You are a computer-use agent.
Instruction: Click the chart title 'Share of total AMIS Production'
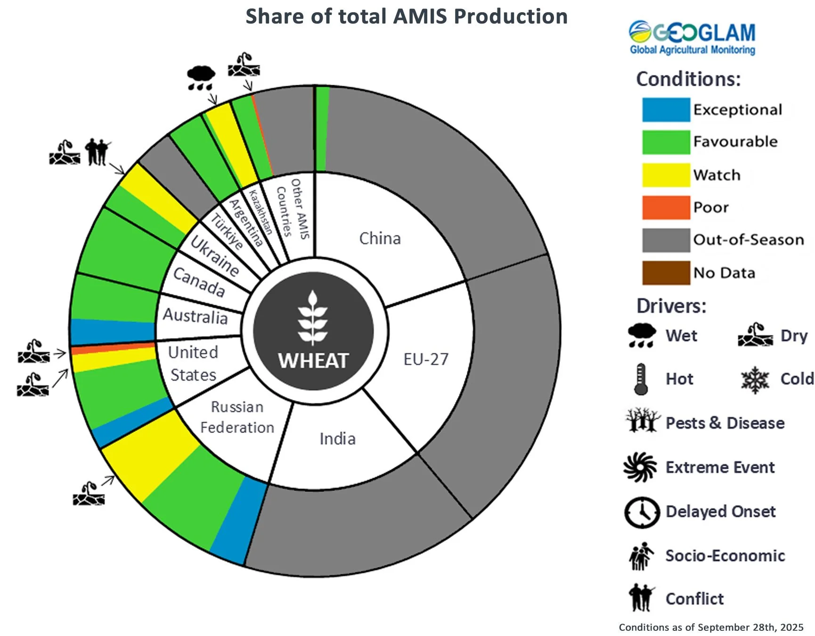click(x=406, y=16)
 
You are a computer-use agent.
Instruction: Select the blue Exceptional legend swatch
click(x=666, y=110)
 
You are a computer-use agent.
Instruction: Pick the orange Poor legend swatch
click(x=666, y=207)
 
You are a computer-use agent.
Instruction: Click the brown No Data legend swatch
click(x=666, y=273)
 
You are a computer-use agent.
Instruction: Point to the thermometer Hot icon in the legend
click(x=640, y=379)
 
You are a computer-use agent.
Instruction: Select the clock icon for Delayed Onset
click(x=642, y=512)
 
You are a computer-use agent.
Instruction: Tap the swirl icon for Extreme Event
click(x=640, y=467)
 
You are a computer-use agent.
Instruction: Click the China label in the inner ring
click(x=380, y=238)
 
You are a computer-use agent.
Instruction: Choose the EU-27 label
click(x=426, y=359)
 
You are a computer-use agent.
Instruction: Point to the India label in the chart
click(x=337, y=439)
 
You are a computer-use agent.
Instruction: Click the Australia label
click(x=195, y=316)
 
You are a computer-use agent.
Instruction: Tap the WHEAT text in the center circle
click(x=313, y=361)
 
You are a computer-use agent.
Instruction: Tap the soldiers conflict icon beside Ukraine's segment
click(x=98, y=152)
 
